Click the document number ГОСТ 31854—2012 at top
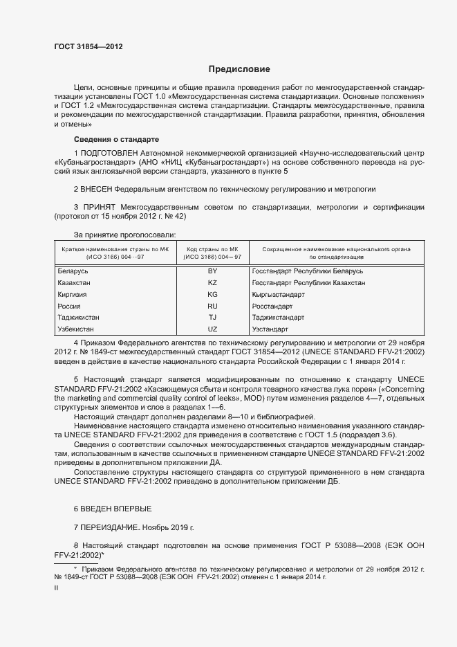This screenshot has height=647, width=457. tap(88, 46)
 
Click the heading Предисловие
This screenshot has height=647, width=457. tap(239, 69)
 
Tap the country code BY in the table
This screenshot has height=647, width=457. tap(212, 271)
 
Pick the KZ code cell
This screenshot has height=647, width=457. tap(212, 283)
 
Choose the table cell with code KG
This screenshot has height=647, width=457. tap(212, 295)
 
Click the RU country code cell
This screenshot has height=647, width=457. tap(212, 306)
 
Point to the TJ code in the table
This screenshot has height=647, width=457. tap(212, 318)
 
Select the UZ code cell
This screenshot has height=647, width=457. tap(212, 329)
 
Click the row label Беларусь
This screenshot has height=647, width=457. tap(73, 271)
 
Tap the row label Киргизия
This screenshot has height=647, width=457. tap(73, 295)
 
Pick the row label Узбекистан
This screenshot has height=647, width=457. tap(76, 329)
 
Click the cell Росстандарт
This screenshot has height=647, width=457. tap(272, 306)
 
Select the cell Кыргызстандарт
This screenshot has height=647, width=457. tap(279, 295)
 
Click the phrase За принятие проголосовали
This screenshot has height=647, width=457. tap(124, 235)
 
